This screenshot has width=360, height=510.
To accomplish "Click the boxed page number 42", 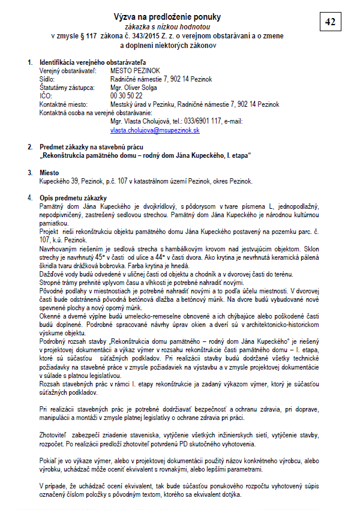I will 329,22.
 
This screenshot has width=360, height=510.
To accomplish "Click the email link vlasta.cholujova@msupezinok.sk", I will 155,130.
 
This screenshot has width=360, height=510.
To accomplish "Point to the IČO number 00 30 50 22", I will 126,95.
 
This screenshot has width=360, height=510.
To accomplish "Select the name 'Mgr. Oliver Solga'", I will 134,88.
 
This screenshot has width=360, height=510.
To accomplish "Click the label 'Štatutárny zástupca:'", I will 65,88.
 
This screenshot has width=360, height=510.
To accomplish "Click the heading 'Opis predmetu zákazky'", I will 73,198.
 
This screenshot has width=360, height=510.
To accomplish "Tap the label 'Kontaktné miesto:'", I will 62,104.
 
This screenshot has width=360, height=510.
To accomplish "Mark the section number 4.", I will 30,198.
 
